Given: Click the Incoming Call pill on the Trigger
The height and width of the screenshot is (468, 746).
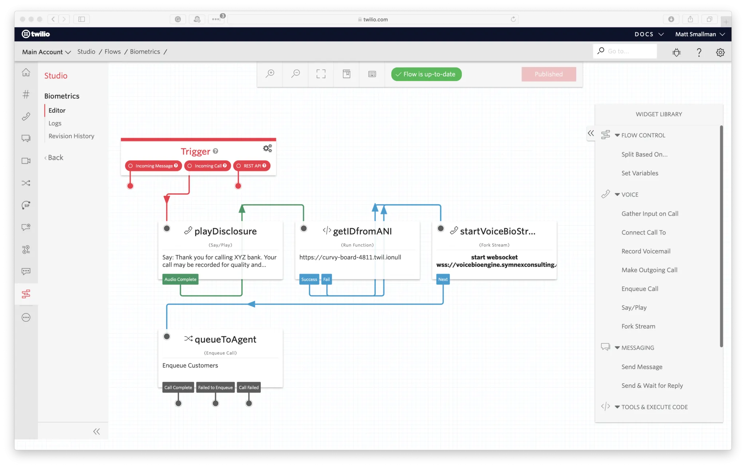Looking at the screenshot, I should tap(208, 166).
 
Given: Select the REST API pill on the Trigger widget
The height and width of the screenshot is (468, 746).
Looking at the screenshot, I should tap(252, 166).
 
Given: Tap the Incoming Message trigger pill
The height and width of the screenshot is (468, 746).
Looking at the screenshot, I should tap(153, 166).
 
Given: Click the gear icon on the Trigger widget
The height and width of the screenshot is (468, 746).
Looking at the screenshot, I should tap(267, 148).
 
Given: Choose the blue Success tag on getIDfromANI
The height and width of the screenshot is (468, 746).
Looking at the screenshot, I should tap(309, 279).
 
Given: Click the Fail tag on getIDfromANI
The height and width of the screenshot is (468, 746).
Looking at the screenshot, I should tap(326, 279).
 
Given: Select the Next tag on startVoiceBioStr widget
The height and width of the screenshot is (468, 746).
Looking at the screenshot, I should tap(443, 279).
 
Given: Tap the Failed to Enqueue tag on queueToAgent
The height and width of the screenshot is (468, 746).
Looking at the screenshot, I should tap(215, 387).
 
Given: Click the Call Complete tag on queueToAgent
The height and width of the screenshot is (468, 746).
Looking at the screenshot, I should tap(178, 387).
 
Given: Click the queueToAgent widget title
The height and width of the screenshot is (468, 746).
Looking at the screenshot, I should tap(225, 340).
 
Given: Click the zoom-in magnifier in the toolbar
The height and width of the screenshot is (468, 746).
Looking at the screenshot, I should tap(270, 74).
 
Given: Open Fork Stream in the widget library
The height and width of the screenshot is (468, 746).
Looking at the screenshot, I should tap(638, 326).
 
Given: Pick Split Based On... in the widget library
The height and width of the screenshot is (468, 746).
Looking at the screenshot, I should tap(644, 154).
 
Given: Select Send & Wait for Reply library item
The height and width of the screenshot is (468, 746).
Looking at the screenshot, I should tap(652, 386).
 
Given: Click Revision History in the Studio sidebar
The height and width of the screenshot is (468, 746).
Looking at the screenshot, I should tap(71, 136).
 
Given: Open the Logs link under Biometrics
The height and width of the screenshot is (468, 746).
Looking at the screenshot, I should tap(55, 123).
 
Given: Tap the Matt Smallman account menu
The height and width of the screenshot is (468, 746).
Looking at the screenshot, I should tap(699, 34).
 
